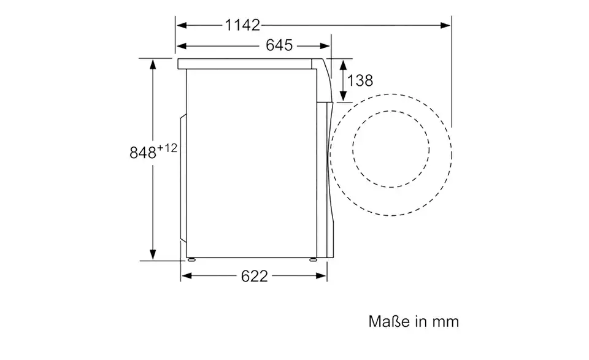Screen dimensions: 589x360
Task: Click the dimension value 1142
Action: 242,25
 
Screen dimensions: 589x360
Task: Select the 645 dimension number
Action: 279,45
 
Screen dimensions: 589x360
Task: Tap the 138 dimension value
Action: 360,80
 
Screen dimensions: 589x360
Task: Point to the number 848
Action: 143,153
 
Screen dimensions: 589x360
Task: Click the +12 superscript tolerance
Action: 167,148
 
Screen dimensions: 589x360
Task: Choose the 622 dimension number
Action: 254,277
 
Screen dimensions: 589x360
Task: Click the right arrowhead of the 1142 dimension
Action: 445,25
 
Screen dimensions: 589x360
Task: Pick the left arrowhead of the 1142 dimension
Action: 182,25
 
